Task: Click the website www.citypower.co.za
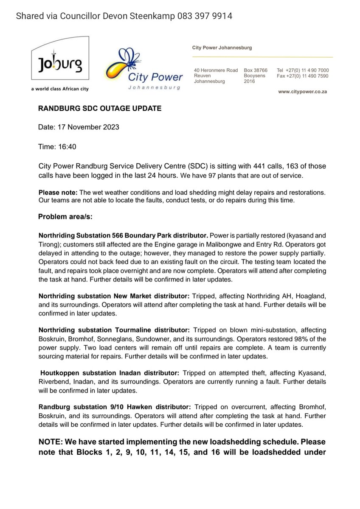point(303,92)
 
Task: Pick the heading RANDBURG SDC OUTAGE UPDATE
point(100,109)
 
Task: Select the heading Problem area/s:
point(65,217)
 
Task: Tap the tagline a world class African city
point(59,89)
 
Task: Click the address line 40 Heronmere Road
point(216,70)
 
